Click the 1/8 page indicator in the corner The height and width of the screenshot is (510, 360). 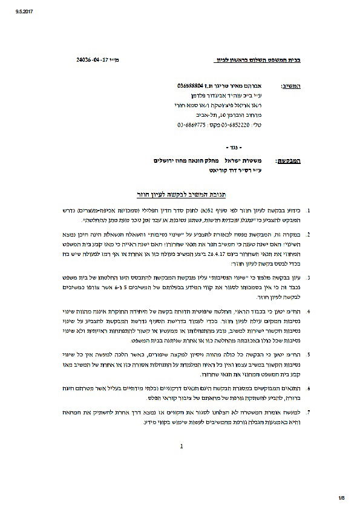pyautogui.click(x=343, y=499)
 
